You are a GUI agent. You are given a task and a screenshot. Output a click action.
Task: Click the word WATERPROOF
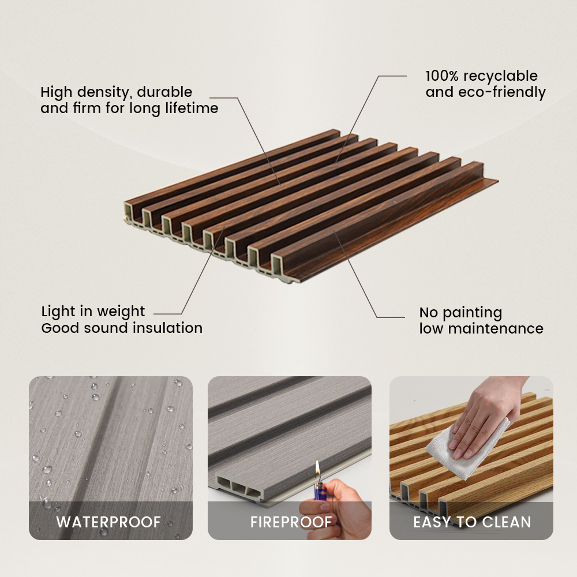coord(108,522)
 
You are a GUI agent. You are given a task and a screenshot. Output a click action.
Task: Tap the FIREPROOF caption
coord(291,522)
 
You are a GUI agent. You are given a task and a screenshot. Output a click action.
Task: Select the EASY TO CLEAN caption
coord(472,522)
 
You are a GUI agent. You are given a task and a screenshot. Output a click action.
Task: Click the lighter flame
coord(317,469)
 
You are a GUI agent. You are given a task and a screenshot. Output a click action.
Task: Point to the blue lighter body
coord(319,490)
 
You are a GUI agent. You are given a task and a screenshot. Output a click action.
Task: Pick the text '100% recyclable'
coord(481,76)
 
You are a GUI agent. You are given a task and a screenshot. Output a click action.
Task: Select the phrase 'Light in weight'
coord(93,312)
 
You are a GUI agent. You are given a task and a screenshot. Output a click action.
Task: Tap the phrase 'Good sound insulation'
coord(122,328)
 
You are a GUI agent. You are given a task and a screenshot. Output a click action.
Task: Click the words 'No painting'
coord(460,313)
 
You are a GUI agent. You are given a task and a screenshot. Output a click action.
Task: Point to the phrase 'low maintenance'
coord(481,329)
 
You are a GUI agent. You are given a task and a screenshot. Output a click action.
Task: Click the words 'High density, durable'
coord(117,92)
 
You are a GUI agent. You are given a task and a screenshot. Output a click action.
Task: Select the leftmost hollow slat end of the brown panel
coord(129,212)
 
